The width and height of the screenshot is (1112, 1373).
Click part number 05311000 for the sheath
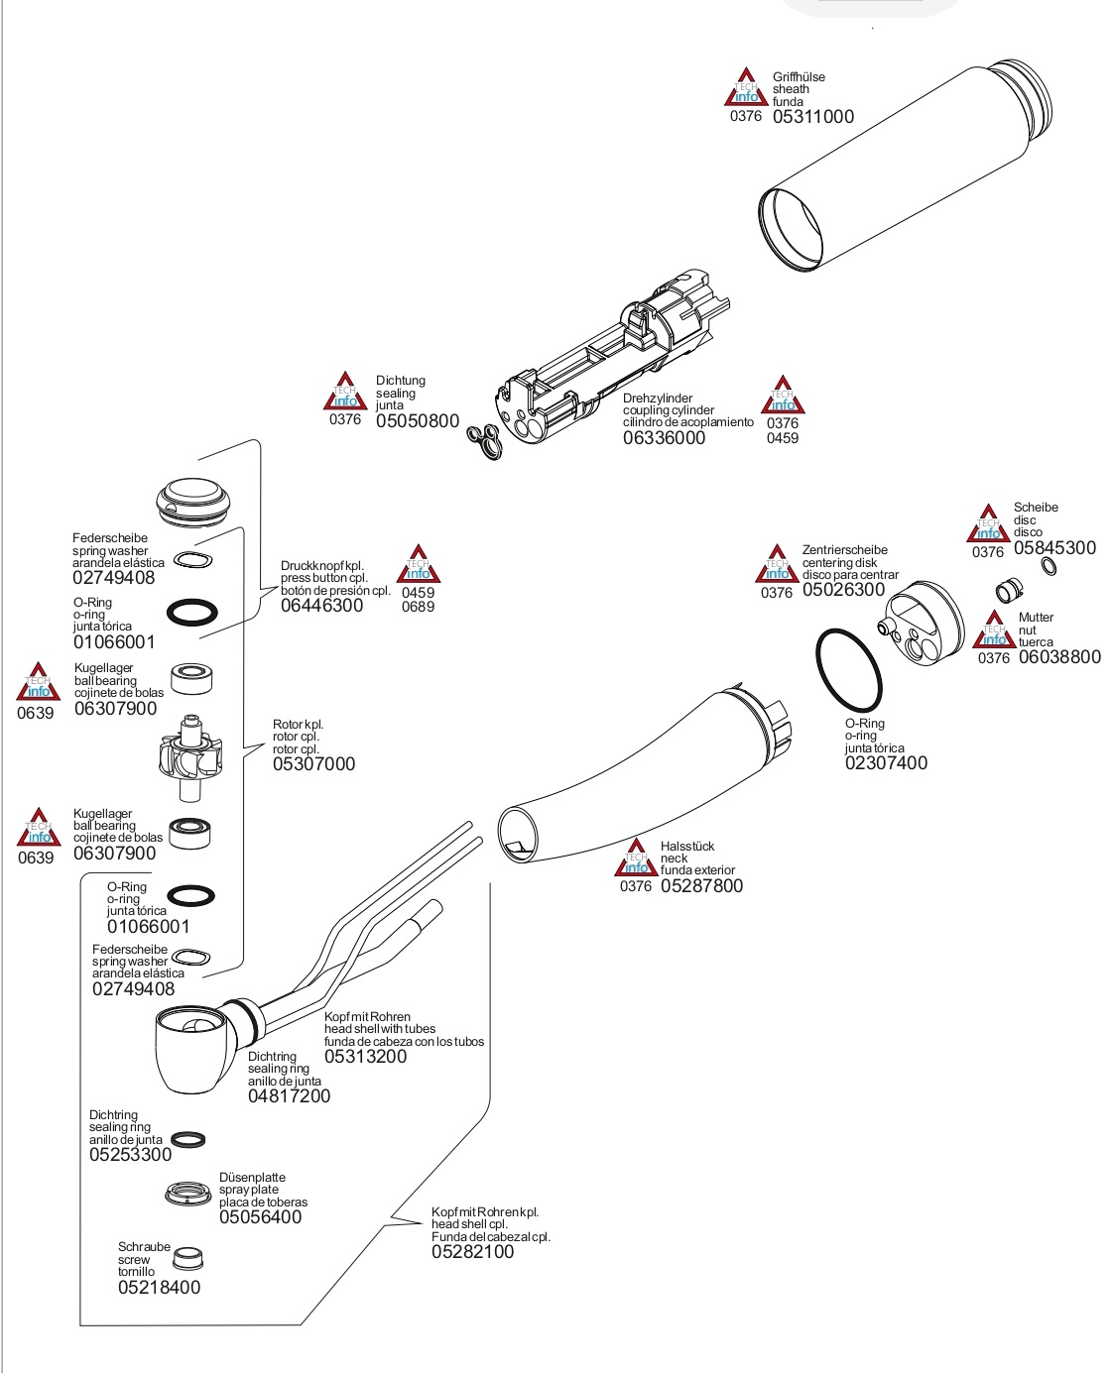click(812, 116)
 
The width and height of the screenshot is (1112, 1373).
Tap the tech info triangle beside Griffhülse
click(745, 89)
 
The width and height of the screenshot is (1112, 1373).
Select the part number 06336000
click(664, 438)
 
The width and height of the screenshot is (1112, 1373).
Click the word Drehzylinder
click(658, 399)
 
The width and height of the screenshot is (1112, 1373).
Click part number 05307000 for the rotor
click(313, 764)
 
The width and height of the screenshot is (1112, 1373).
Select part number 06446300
click(321, 606)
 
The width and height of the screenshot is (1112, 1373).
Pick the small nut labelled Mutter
click(1009, 590)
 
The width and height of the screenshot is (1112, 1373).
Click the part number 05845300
click(1054, 548)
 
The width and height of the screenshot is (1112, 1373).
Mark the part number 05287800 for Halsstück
click(701, 886)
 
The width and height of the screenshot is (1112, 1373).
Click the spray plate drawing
click(188, 1193)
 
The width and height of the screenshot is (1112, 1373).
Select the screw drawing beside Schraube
click(186, 1259)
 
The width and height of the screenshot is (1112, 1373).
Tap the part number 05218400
click(159, 1288)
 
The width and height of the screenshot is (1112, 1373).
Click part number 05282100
click(472, 1252)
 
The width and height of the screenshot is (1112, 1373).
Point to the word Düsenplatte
click(252, 1178)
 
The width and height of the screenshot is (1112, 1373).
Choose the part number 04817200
click(289, 1096)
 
